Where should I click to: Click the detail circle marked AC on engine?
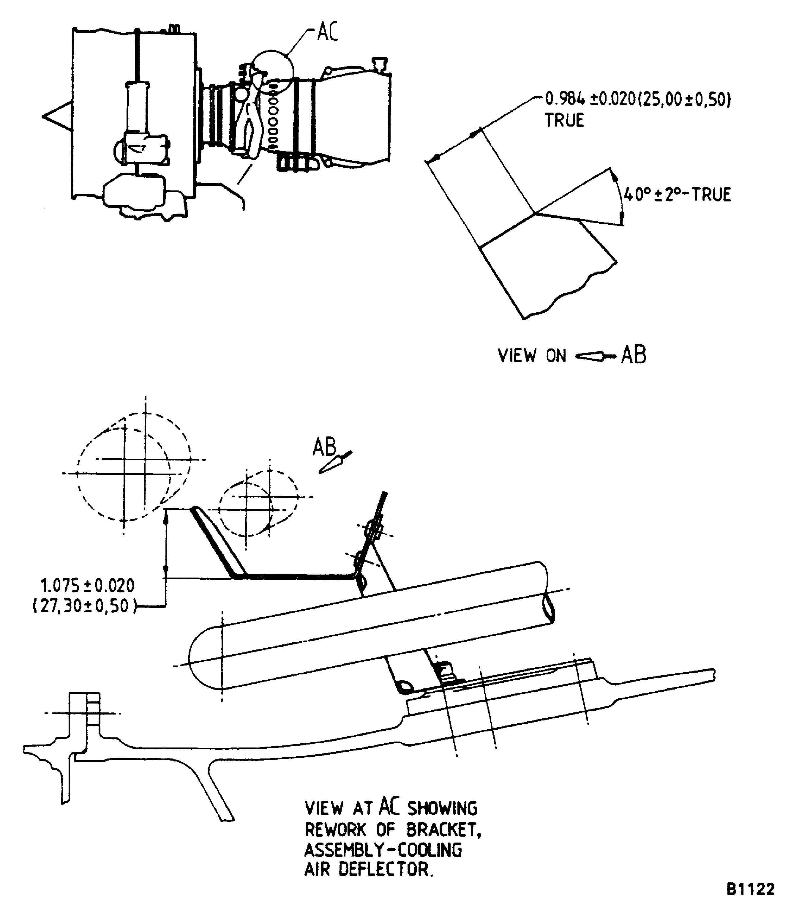pos(272,71)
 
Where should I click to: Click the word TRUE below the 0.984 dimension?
pos(564,120)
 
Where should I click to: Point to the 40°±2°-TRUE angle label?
pos(677,194)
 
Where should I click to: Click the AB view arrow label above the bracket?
pos(324,447)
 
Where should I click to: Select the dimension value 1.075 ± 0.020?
pos(87,586)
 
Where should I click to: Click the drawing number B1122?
pos(750,889)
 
